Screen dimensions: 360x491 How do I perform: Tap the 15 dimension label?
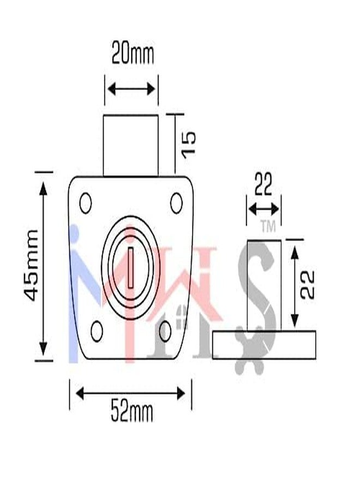(189, 145)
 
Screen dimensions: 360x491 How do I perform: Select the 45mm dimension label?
(31, 266)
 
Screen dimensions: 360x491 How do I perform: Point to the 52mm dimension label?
(132, 412)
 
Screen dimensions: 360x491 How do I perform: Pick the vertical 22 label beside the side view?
(307, 285)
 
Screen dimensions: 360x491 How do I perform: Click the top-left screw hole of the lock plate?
(86, 203)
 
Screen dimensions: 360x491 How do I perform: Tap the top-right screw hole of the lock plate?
(176, 203)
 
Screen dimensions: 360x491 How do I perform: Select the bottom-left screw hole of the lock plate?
(97, 332)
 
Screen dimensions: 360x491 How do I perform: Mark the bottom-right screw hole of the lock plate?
(165, 331)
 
